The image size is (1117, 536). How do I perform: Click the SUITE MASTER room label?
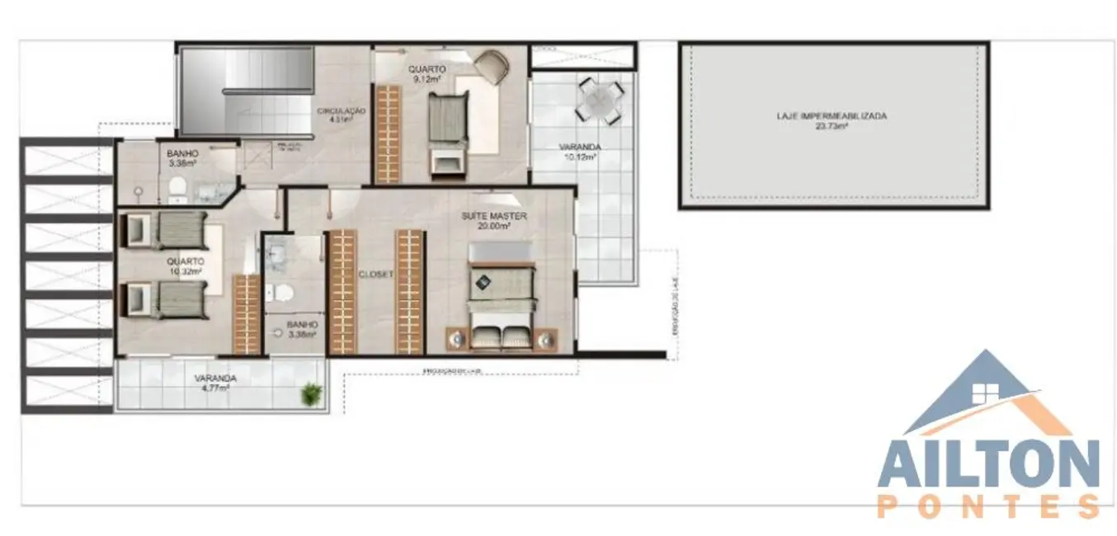point(494,217)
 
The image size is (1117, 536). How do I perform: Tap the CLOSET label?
point(375,274)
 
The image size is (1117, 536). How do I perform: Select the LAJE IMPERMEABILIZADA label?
point(832,116)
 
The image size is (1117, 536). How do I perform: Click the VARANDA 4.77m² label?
point(215,378)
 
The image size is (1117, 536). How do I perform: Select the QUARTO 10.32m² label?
point(185,261)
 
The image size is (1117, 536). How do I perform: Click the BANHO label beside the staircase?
point(182,153)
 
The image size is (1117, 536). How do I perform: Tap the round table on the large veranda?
point(597,97)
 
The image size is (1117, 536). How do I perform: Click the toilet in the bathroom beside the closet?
point(280,293)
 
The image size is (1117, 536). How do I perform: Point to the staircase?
point(247,91)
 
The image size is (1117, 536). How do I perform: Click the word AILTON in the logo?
point(987,464)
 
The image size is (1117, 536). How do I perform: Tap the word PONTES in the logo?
point(987,505)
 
